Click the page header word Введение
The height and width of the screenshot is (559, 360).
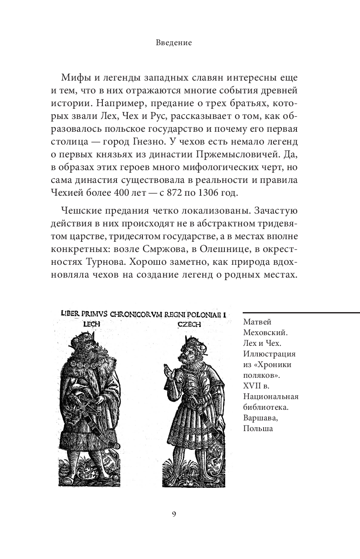(174, 43)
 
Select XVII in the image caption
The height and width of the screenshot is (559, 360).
(252, 385)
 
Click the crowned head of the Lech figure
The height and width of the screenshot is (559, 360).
(86, 346)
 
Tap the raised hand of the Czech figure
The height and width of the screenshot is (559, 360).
(170, 370)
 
